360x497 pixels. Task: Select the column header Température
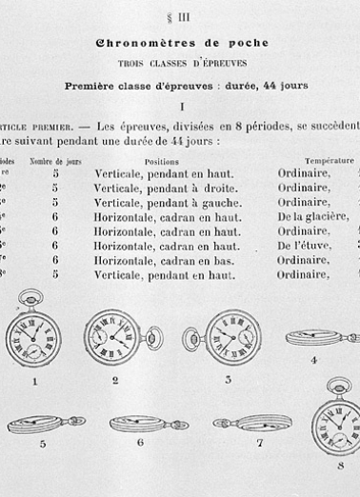coord(330,162)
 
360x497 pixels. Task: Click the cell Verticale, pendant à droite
coord(166,189)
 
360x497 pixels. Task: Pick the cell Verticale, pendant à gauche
coord(166,203)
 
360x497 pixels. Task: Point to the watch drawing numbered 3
coord(229,336)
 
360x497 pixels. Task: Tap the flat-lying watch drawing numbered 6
coord(141,422)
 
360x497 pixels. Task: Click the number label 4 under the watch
coord(313,361)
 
